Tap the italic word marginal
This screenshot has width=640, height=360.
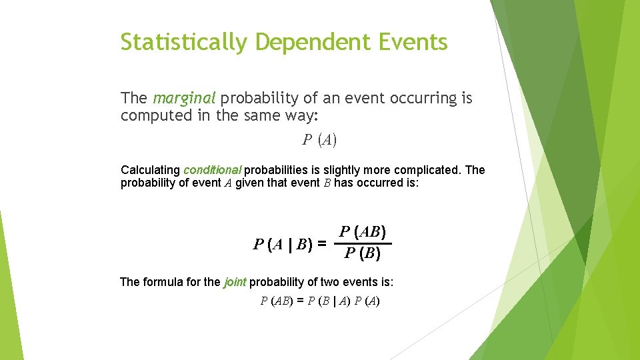184,99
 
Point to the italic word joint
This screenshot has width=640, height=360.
235,282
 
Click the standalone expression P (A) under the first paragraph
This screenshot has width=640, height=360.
319,139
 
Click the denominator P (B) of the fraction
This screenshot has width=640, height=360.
363,254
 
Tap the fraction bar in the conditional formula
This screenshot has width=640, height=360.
363,243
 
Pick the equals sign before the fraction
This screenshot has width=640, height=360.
323,244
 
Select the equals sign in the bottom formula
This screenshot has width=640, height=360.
300,301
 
